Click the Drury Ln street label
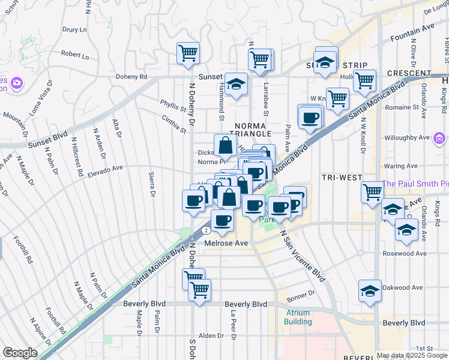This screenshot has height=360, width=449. [x=75, y=29]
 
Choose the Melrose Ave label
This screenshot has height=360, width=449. [x=226, y=243]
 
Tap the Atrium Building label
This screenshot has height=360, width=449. [x=298, y=317]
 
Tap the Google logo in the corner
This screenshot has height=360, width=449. [x=20, y=353]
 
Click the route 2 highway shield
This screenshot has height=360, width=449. [x=206, y=230]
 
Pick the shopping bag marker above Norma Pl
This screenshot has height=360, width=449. [x=225, y=145]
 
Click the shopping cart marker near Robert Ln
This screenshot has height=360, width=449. [x=188, y=53]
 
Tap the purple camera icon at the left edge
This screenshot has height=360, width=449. [x=17, y=82]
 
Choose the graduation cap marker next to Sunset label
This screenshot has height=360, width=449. [x=237, y=85]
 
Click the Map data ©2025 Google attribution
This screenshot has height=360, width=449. [x=412, y=355]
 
